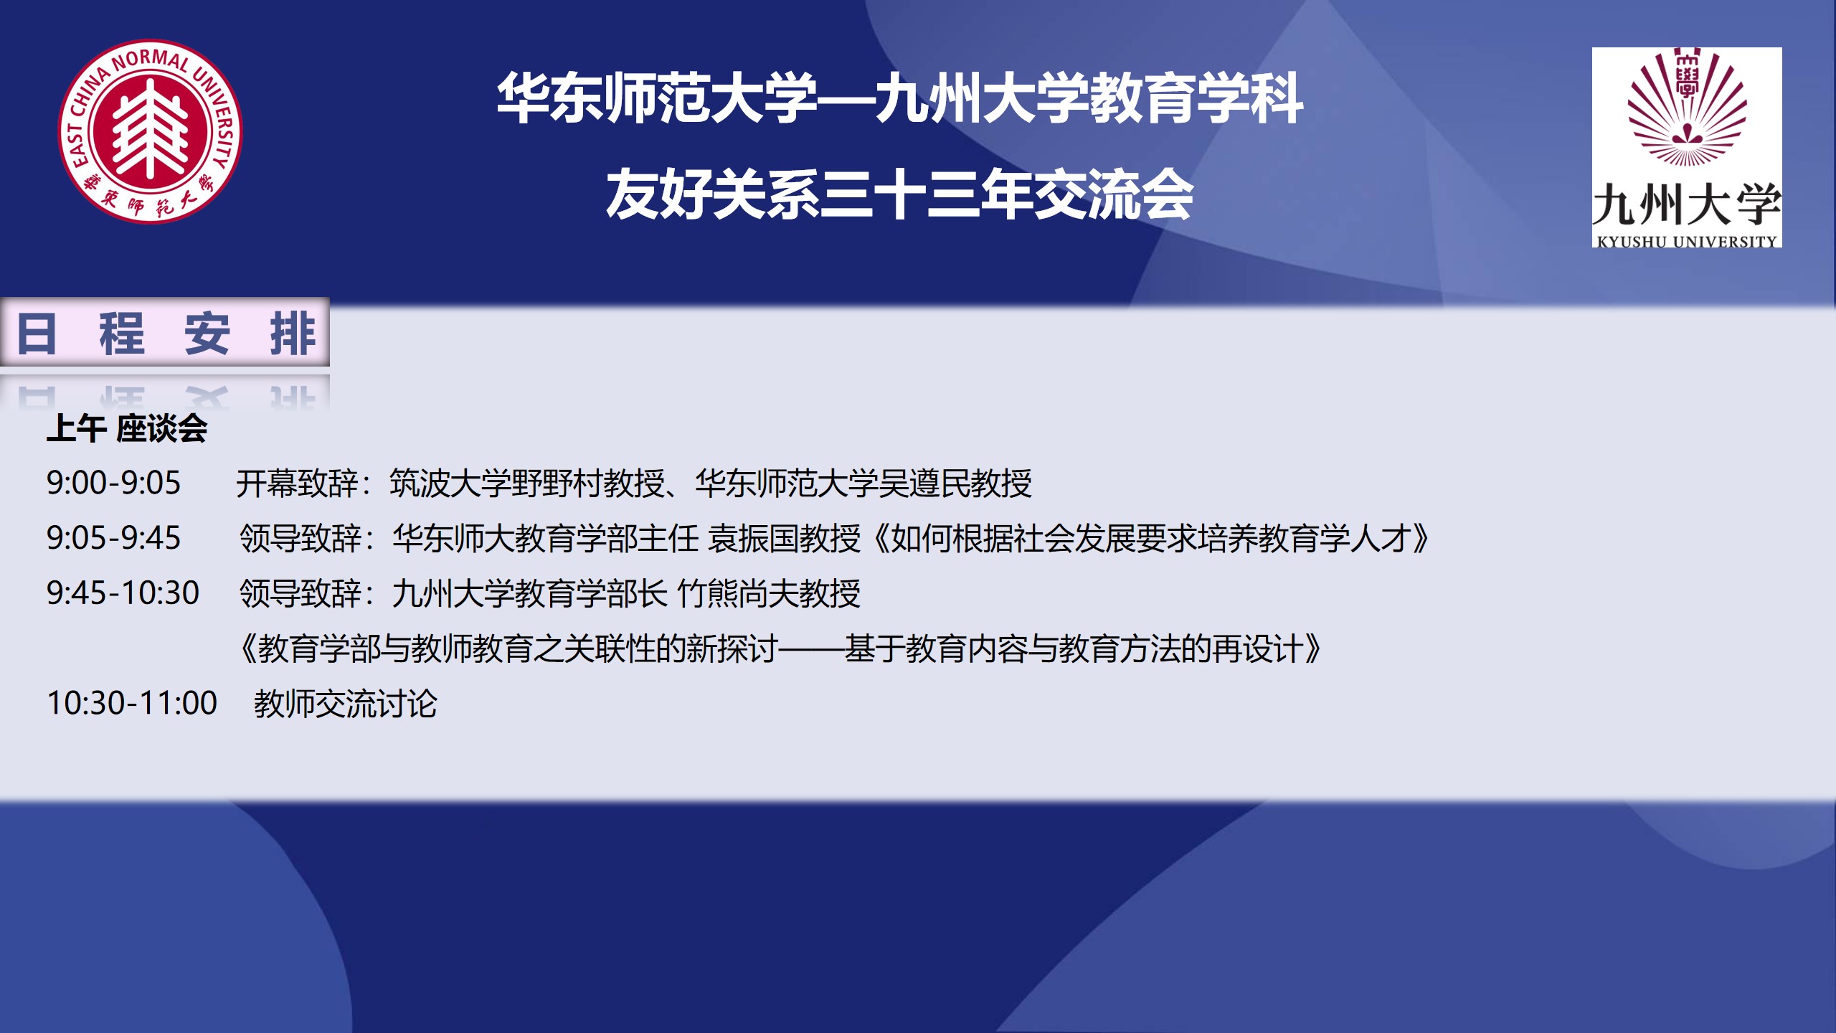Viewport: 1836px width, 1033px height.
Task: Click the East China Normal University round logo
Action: (150, 131)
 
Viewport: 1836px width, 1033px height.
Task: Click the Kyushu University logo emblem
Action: (1687, 108)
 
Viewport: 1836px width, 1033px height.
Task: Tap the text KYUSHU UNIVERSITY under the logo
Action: (1687, 242)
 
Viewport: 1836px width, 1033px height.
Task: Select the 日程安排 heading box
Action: (165, 333)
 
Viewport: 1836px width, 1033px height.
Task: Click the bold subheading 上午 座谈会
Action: (127, 429)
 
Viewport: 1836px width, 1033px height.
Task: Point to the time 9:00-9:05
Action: (113, 483)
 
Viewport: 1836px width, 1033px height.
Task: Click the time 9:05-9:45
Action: (113, 538)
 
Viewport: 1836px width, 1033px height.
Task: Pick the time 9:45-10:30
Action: (123, 593)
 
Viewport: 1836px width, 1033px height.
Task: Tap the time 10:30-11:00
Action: (132, 703)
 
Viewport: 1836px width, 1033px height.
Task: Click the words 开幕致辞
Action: (297, 484)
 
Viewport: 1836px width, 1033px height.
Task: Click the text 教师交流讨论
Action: (346, 704)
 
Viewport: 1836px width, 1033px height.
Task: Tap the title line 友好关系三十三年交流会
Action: (899, 194)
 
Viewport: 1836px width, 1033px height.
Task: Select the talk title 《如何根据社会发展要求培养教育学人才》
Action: (1152, 539)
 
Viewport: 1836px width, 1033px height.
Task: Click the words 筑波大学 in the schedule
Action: (450, 484)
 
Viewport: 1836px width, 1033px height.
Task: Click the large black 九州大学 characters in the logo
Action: (1687, 204)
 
